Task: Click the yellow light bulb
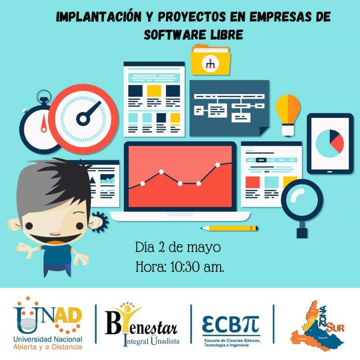click(288, 110)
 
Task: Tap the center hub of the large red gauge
click(83, 118)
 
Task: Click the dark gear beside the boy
click(100, 221)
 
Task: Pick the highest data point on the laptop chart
click(218, 164)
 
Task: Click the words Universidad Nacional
click(48, 339)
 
